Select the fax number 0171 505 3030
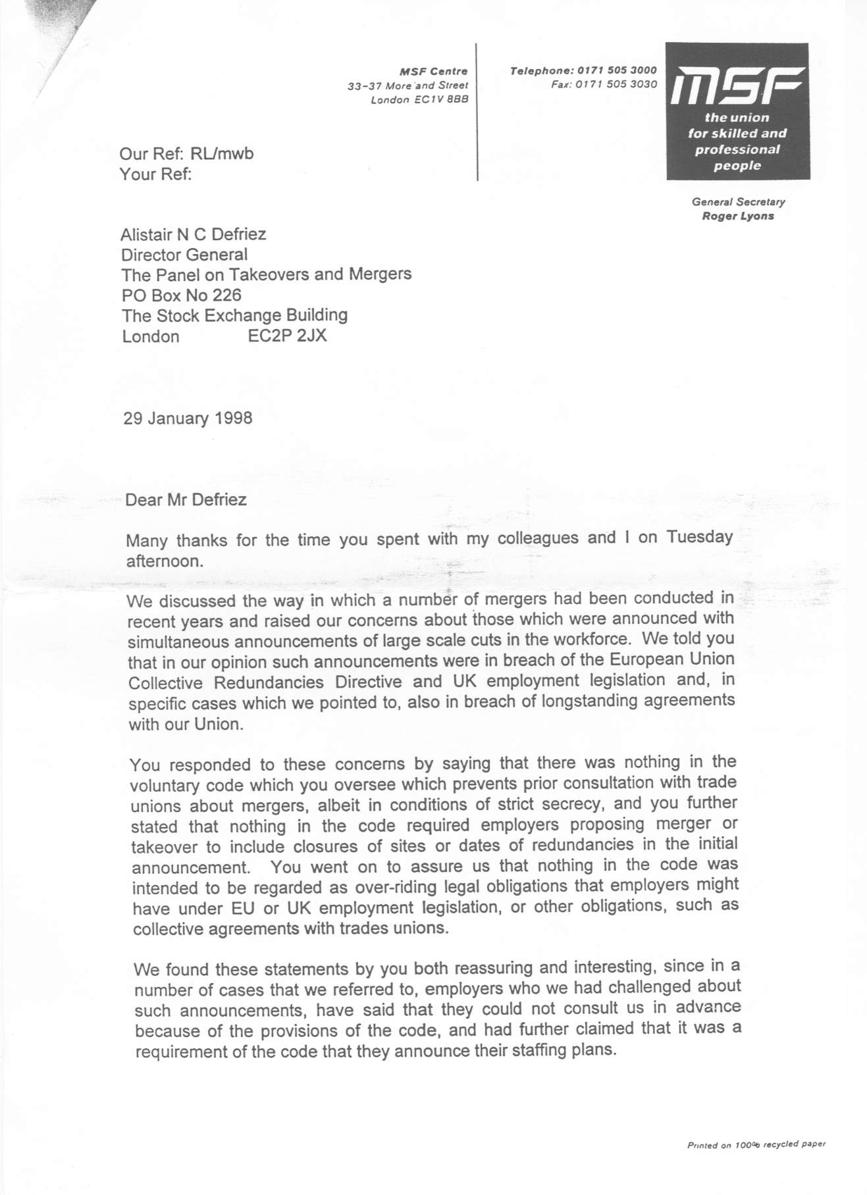616,84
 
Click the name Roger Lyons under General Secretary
738,216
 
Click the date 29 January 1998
188,419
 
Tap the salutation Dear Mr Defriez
186,500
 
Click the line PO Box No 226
182,295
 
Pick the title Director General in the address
184,255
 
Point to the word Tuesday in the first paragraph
699,537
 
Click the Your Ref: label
156,174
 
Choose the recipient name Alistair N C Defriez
194,234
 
